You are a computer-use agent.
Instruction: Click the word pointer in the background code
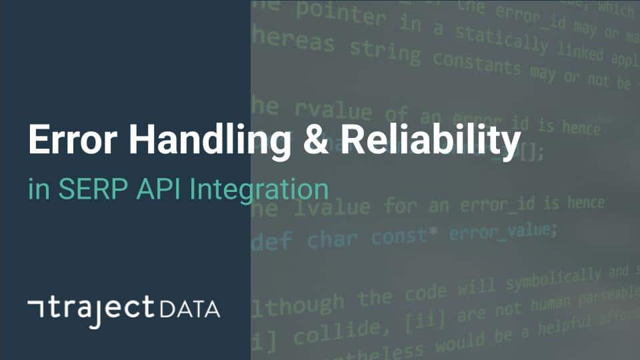pyautogui.click(x=341, y=15)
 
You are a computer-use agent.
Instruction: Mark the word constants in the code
pyautogui.click(x=476, y=63)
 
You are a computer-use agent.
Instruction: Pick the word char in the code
pyautogui.click(x=331, y=238)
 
